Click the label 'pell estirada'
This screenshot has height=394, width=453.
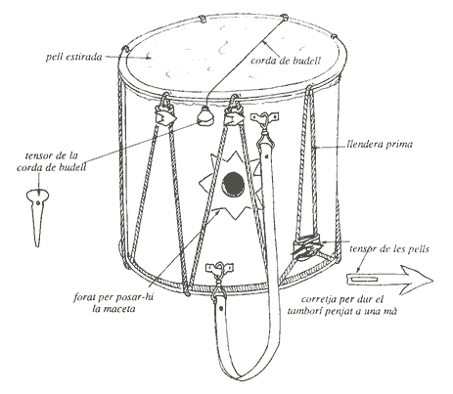(x=73, y=58)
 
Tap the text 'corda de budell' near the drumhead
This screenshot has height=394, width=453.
(x=286, y=61)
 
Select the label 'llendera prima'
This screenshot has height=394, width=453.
(x=380, y=145)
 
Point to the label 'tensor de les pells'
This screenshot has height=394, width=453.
(x=389, y=249)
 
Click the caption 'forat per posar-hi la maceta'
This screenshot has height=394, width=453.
(x=113, y=303)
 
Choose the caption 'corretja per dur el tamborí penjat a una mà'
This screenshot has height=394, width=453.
(x=342, y=305)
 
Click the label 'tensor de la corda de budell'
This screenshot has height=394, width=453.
(x=52, y=161)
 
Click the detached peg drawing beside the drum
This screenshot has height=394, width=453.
(x=37, y=217)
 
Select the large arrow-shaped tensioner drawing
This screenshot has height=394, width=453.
(x=389, y=280)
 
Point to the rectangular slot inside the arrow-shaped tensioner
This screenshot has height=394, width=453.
(x=364, y=280)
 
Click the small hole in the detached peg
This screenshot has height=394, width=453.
(x=38, y=202)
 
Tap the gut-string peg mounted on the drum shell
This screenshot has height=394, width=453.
(x=204, y=115)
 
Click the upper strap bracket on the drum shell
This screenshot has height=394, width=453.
(x=264, y=116)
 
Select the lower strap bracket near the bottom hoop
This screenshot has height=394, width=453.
(x=219, y=268)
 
